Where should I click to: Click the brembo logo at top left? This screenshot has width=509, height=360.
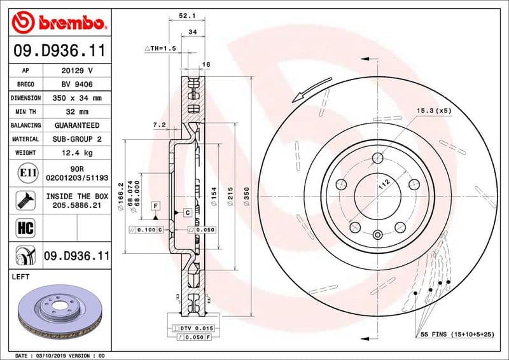coord(58,23)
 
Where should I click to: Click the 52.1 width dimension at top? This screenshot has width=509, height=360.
coord(187,15)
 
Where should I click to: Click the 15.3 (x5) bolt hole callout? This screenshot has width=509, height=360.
coord(433,111)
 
